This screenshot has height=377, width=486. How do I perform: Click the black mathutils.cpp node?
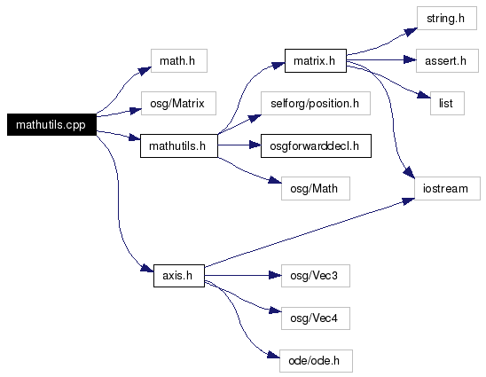coord(51,125)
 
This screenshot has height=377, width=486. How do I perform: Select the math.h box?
coord(179,61)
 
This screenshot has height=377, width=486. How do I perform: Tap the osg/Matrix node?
coord(178,103)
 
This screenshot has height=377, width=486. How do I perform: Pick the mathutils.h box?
coord(179,145)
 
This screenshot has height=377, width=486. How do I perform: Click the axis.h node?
coord(179,276)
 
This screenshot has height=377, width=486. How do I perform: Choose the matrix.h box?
coord(316,61)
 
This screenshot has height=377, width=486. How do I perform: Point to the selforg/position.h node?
coord(316,103)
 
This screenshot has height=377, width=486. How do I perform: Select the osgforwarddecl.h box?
coord(316,145)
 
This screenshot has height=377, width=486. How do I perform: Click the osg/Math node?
coord(316,188)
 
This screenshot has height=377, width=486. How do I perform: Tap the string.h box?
coord(447,19)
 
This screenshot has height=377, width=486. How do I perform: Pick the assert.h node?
coord(447,61)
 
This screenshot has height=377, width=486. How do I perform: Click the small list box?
coord(447,103)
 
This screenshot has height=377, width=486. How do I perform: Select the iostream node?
coord(447,188)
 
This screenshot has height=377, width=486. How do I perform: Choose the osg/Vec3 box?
coord(316,276)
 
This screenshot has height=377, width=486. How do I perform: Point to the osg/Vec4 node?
coord(316,318)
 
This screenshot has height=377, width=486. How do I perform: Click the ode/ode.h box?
coord(316,361)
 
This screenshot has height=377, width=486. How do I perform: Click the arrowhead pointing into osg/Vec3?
coord(275,275)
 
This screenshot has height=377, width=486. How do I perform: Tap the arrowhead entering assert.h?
coord(410,59)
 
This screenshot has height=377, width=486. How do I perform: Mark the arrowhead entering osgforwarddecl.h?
coord(255,145)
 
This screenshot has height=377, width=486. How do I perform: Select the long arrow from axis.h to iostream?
coord(310,232)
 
